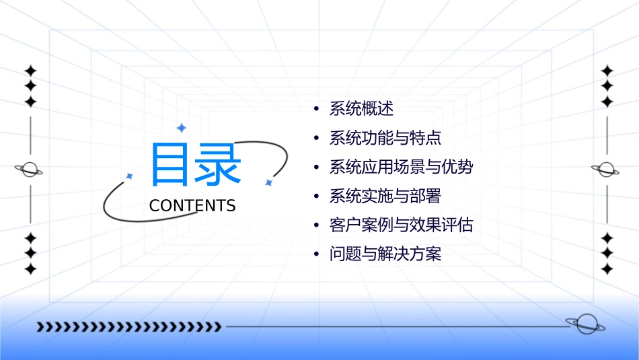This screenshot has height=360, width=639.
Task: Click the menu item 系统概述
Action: pos(361,109)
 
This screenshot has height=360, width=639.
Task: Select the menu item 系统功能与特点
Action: pos(385,139)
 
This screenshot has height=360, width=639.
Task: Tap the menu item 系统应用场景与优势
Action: pos(401,167)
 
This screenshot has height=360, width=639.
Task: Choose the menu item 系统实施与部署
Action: pos(385,196)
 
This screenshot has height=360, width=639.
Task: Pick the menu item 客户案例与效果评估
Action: pos(401,225)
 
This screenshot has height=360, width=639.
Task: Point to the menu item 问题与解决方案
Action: pos(385,254)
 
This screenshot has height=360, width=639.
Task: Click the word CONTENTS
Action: pos(192,206)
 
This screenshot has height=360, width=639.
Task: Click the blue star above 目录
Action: pos(181,127)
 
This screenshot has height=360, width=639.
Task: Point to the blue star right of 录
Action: pos(268,182)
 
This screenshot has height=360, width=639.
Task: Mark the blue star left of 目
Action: pos(130,176)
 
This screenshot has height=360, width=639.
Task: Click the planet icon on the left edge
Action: pos(30,170)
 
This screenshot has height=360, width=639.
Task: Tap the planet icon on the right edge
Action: pos(607,170)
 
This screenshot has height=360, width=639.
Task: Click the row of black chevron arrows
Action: pos(128,327)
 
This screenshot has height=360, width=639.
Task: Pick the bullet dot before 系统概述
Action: pos(316,110)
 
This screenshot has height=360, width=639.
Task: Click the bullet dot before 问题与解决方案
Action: pos(316,254)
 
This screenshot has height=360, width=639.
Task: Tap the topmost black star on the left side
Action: pos(30,71)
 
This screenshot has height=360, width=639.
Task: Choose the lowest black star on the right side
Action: pos(607,269)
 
